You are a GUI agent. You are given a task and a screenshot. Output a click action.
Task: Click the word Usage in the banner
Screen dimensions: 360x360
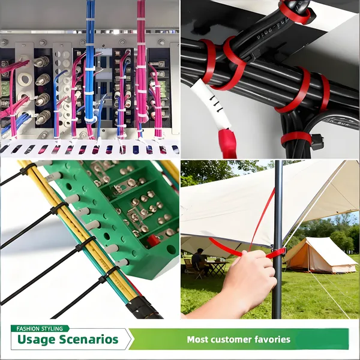tap(37, 340)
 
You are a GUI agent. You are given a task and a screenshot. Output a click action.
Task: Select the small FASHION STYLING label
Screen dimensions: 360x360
tap(40, 329)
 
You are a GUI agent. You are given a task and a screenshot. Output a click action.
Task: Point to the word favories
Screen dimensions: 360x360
tap(272, 340)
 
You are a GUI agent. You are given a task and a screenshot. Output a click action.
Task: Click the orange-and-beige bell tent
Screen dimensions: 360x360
tap(317, 255)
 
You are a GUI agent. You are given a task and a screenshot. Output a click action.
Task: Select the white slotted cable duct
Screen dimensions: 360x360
tap(90, 148)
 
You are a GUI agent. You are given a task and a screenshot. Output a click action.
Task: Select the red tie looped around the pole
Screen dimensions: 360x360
tap(275, 253)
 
